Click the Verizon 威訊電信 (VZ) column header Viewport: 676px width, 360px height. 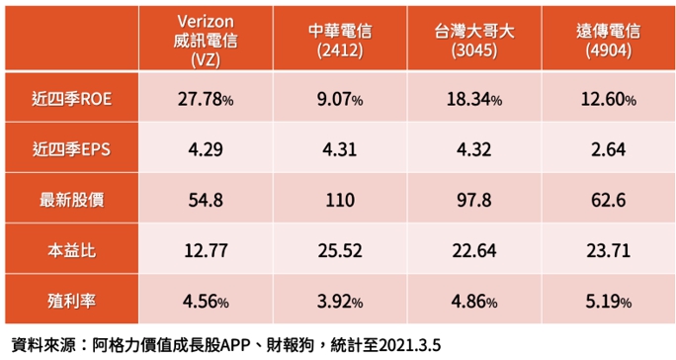click(x=206, y=41)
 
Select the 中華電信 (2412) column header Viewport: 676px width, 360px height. click(x=340, y=41)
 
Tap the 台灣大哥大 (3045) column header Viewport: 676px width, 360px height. click(x=474, y=41)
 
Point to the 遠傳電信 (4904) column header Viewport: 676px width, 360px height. click(x=609, y=41)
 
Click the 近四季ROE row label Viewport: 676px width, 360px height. click(x=71, y=99)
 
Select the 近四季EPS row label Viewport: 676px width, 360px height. click(x=71, y=149)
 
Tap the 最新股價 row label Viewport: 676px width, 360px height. click(x=71, y=200)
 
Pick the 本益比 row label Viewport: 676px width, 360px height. click(x=71, y=250)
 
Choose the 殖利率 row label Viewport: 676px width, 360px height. click(x=71, y=301)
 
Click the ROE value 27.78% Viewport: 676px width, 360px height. click(x=206, y=99)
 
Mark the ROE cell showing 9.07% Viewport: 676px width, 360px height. click(x=340, y=99)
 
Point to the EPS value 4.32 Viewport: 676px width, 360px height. click(x=474, y=149)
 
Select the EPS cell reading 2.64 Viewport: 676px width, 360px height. click(x=609, y=149)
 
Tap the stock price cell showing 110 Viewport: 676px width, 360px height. click(x=340, y=201)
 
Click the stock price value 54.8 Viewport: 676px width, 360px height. click(x=206, y=201)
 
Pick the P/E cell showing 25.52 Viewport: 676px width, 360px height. click(x=340, y=251)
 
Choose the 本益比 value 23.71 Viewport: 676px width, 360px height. click(x=609, y=251)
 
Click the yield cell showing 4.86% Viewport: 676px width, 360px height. click(x=474, y=302)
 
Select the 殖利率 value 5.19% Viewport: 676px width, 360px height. click(x=609, y=302)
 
